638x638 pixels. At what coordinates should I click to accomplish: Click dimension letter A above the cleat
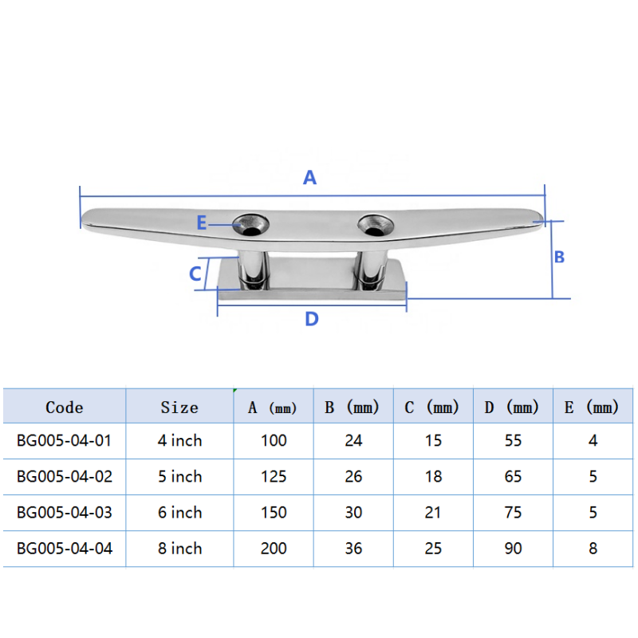point(310,178)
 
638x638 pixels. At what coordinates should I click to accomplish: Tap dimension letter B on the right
point(559,257)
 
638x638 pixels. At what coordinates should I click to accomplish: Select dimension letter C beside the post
point(195,274)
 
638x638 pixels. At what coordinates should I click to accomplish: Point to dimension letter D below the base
point(312,320)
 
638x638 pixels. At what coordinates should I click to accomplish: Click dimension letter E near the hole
point(202,224)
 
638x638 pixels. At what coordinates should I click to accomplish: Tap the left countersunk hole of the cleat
point(251,224)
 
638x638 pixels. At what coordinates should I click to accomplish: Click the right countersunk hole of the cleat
point(374,224)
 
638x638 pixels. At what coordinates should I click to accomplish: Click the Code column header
point(65,408)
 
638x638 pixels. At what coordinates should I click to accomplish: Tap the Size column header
point(179,408)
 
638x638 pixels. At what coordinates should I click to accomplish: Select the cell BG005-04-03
point(65,513)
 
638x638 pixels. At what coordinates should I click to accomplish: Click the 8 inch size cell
point(179,549)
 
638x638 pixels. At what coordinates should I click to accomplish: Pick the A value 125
point(274,477)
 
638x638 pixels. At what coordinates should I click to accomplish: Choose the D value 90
point(513,549)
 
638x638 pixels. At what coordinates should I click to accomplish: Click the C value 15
point(433,440)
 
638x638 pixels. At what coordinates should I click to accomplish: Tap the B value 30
point(353,513)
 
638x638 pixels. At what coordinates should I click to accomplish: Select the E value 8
point(593,549)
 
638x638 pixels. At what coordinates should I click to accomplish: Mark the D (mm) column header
point(512,408)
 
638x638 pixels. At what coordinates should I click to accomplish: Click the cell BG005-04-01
point(65,440)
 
